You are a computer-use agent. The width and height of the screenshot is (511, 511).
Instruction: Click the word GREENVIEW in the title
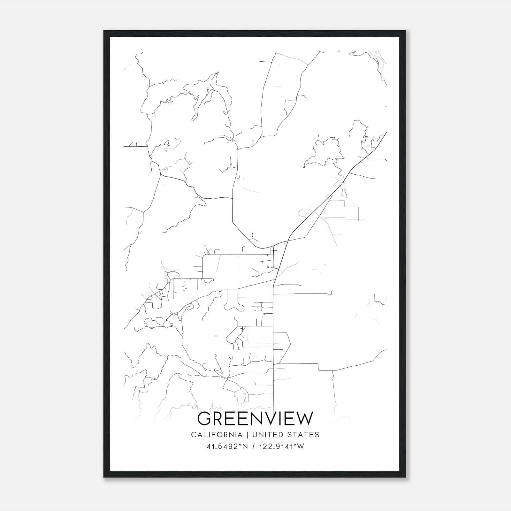255,418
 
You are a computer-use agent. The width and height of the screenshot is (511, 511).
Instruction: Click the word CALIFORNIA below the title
217,434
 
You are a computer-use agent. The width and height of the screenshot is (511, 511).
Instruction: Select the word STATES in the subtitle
303,434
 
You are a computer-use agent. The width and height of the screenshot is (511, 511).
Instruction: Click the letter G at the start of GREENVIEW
204,418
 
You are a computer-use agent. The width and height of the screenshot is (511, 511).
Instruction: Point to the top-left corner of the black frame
104,31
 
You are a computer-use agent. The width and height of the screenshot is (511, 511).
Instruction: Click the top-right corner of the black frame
406,31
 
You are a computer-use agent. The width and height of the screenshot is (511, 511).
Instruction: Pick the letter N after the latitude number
245,446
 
